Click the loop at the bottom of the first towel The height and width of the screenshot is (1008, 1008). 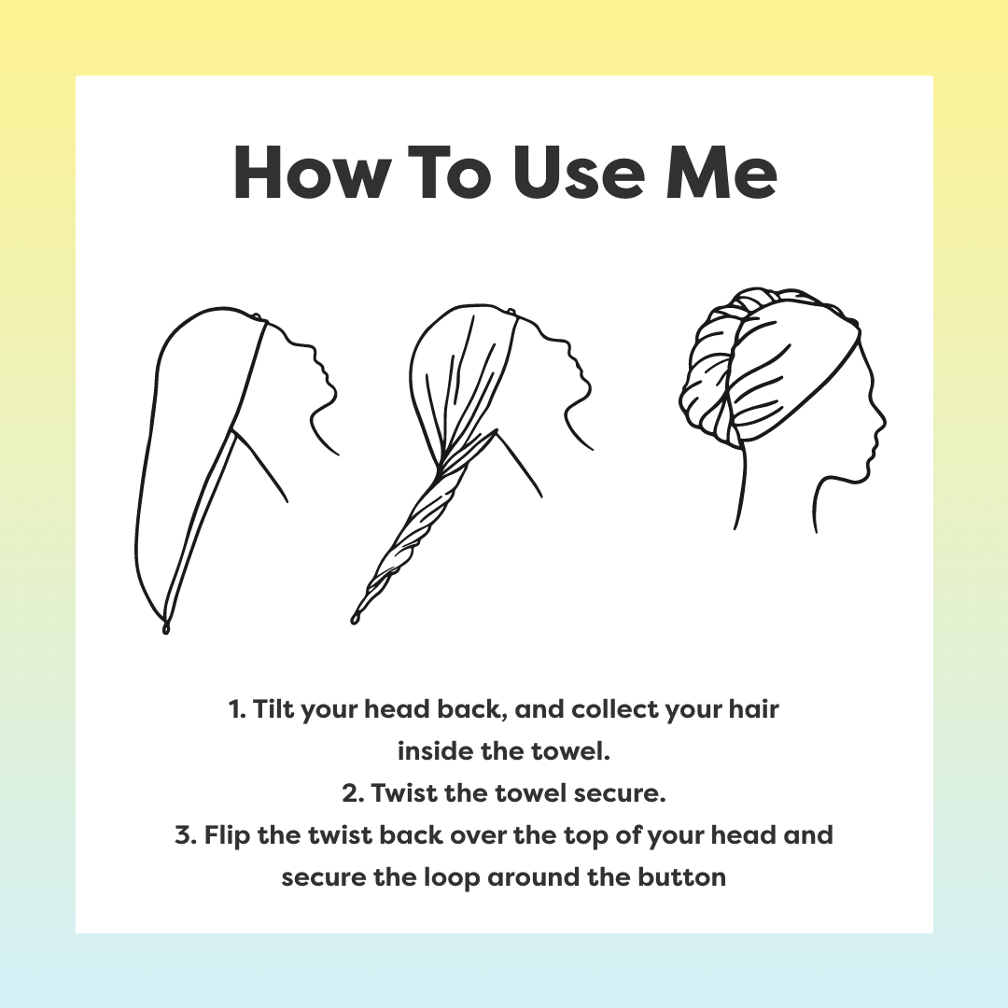click(x=166, y=628)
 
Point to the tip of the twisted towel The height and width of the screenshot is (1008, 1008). click(x=356, y=617)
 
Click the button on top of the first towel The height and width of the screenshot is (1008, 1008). click(x=264, y=322)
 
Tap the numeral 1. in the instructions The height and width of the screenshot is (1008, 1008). click(x=235, y=710)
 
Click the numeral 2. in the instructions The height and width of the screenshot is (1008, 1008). click(x=352, y=794)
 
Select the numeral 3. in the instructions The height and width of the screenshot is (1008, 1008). click(x=184, y=835)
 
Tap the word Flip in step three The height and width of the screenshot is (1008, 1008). click(x=225, y=835)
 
